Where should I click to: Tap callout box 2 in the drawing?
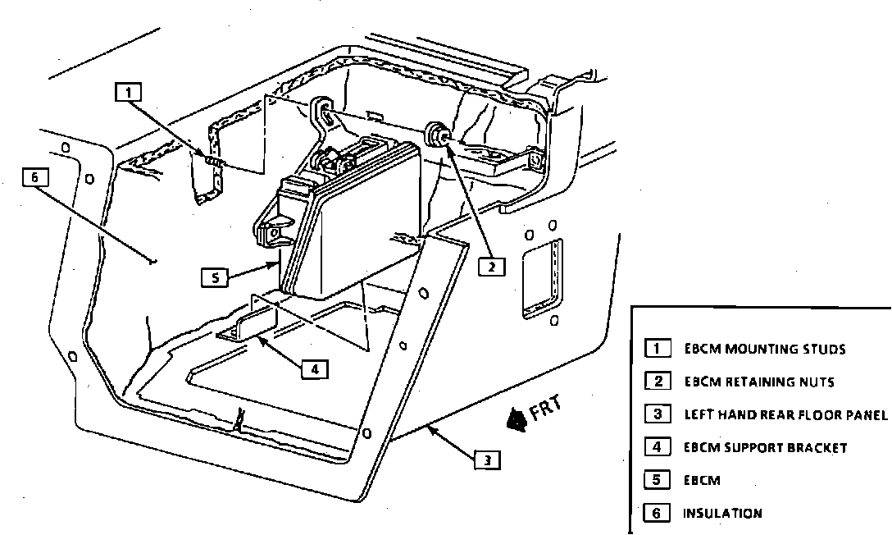pos(491,266)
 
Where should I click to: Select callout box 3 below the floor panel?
pos(487,460)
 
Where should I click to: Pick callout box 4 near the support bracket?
pos(314,369)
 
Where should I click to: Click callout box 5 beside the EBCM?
pos(214,277)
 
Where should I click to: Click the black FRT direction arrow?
pos(517,419)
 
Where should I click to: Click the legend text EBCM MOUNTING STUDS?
pos(764,349)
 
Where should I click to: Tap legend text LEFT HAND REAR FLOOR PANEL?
pos(785,414)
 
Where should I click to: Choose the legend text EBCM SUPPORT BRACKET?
pos(765,447)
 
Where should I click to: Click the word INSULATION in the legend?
pos(722,514)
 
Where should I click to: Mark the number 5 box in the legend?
pos(657,480)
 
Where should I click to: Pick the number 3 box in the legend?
pos(657,414)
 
